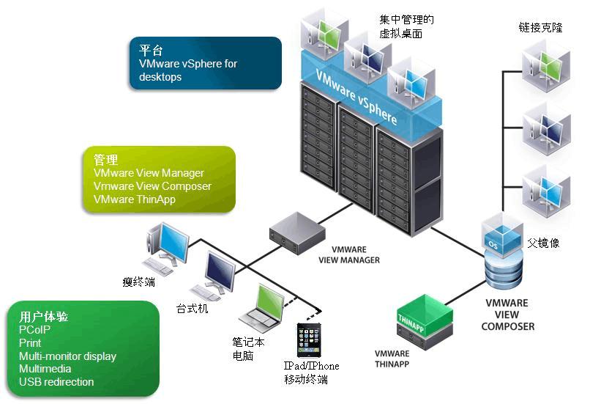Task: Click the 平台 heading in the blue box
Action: (151, 51)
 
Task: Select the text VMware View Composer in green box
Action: (152, 186)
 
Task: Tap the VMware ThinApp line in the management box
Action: (135, 199)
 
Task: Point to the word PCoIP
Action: (35, 330)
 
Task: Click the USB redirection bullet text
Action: (56, 382)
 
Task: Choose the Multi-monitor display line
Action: (67, 356)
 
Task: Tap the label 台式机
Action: (193, 309)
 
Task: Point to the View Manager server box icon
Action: (296, 231)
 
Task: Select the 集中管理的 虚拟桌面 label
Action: (406, 26)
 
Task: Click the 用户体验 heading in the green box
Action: (44, 317)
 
